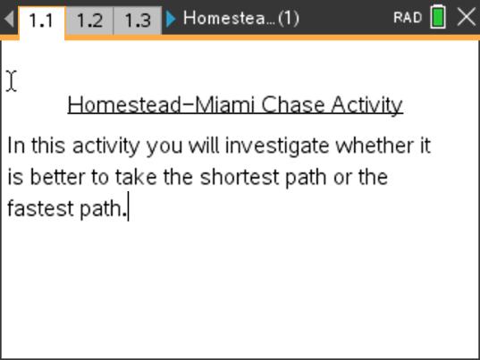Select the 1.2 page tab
(89, 20)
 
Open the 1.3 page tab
(137, 20)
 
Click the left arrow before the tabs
(8, 19)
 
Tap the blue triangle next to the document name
(171, 18)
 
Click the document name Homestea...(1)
(240, 18)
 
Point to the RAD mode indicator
(407, 18)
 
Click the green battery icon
(438, 18)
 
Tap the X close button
(466, 17)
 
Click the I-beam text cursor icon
(11, 80)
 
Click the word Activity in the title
(366, 105)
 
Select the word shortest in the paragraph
(239, 177)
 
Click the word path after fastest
(101, 209)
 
